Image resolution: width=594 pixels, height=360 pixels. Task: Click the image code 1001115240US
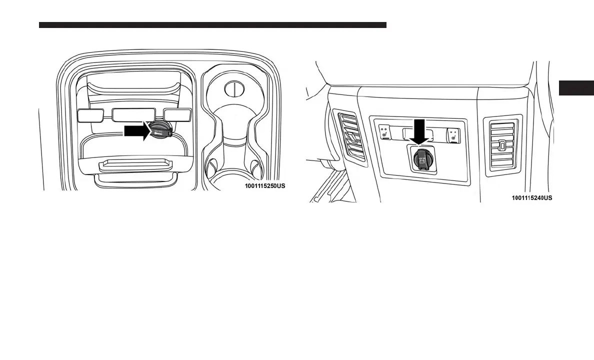tap(531, 198)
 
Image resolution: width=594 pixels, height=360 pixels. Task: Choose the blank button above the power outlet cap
tap(178, 115)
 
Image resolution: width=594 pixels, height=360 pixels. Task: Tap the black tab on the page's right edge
tap(576, 87)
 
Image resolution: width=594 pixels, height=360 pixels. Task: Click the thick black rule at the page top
tap(212, 24)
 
